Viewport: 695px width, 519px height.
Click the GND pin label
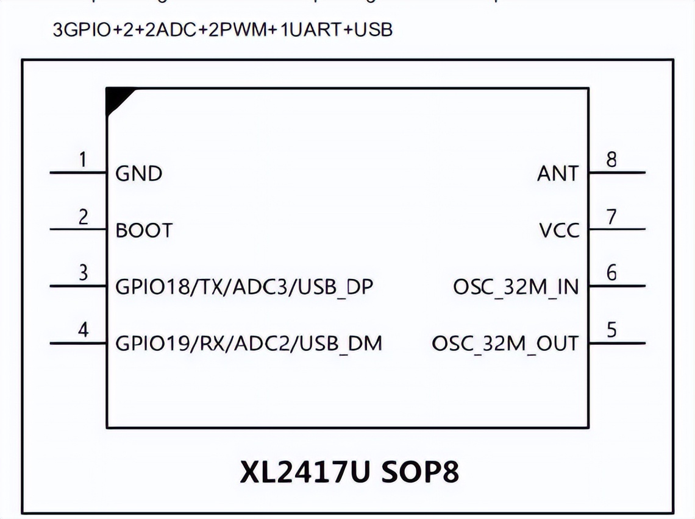click(x=139, y=174)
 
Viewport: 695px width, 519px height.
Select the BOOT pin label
click(x=144, y=230)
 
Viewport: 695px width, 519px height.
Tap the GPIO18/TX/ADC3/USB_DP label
click(x=244, y=286)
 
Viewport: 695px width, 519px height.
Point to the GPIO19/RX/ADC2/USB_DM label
click(x=249, y=344)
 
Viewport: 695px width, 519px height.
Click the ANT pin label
click(x=557, y=174)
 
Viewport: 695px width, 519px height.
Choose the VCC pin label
click(x=559, y=230)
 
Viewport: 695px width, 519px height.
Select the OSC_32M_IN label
click(x=516, y=286)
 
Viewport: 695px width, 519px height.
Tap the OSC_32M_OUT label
click(x=505, y=344)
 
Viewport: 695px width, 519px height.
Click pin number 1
click(x=83, y=160)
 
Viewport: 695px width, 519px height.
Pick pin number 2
click(x=84, y=217)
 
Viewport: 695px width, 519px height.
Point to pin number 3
click(x=84, y=272)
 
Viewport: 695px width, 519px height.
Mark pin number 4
click(x=84, y=330)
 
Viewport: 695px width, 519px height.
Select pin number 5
click(x=611, y=330)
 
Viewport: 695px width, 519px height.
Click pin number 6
click(x=611, y=272)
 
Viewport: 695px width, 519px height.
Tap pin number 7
click(x=611, y=217)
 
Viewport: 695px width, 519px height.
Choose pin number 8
click(x=611, y=160)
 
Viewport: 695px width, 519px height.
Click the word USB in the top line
click(x=372, y=29)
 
